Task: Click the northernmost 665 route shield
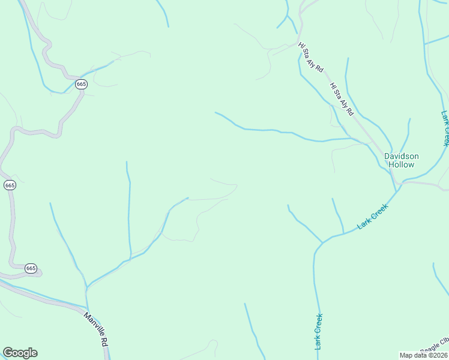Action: pyautogui.click(x=82, y=84)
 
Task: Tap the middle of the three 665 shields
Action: pyautogui.click(x=9, y=185)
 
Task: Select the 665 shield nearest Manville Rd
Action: pyautogui.click(x=31, y=268)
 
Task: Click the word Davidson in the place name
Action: pyautogui.click(x=402, y=157)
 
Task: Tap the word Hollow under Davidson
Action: pyautogui.click(x=402, y=164)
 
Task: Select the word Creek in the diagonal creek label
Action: pyautogui.click(x=380, y=211)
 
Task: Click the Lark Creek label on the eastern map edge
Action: pyautogui.click(x=445, y=128)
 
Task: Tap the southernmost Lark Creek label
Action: pyautogui.click(x=319, y=331)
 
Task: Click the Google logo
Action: pyautogui.click(x=20, y=353)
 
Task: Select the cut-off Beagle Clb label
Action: pyautogui.click(x=435, y=347)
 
